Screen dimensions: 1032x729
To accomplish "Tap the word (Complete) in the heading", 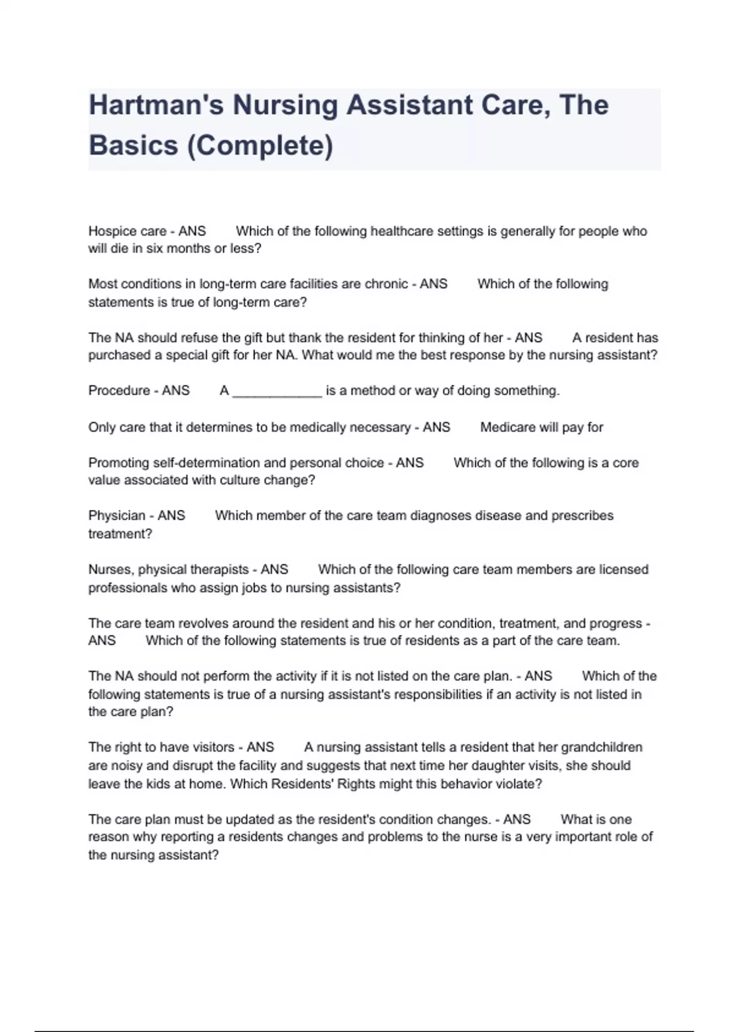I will pyautogui.click(x=261, y=146).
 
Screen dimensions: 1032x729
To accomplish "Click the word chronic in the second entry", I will pyautogui.click(x=386, y=284).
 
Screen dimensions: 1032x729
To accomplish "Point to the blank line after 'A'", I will pyautogui.click(x=277, y=391).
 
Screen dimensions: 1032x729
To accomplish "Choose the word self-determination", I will pyautogui.click(x=207, y=463).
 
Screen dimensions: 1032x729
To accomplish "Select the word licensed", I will pyautogui.click(x=623, y=570).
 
